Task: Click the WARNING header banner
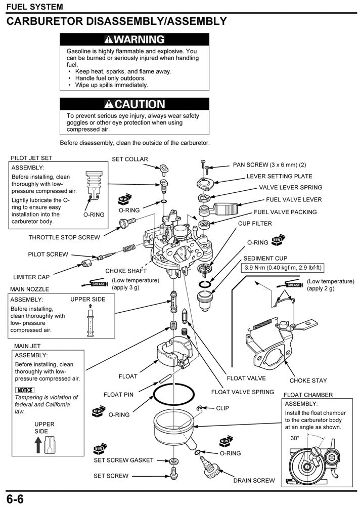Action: tap(134, 39)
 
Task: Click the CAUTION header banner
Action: tap(134, 104)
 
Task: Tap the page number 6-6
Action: tap(15, 498)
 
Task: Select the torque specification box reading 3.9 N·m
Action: tap(283, 268)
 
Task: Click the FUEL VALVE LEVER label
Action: tap(294, 199)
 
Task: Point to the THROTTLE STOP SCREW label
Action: tap(64, 237)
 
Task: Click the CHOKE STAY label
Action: tap(308, 381)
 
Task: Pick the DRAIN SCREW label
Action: tap(254, 480)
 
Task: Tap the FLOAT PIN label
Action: tap(118, 395)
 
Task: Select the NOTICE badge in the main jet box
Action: tap(25, 390)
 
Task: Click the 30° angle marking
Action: tap(295, 438)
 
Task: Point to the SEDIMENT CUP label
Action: tap(265, 258)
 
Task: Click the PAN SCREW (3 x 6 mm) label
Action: tap(269, 165)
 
